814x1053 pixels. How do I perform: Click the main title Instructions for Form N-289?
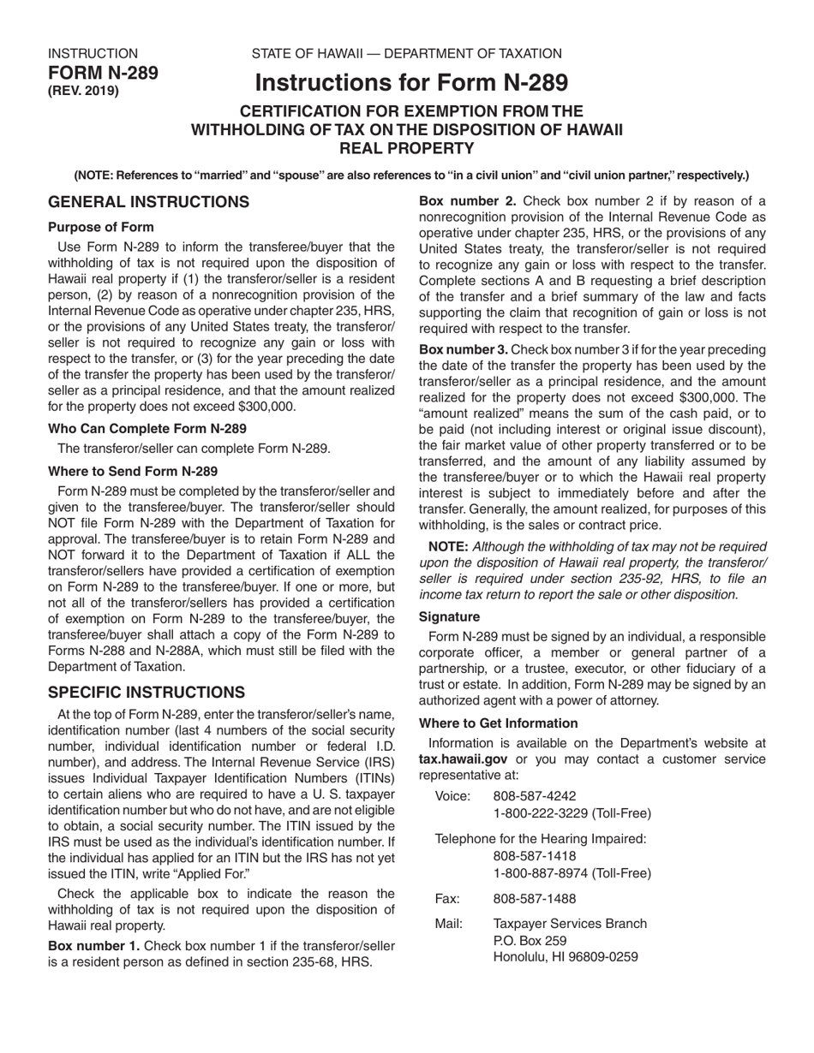point(410,83)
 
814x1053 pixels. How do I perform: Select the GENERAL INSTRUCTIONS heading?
point(148,202)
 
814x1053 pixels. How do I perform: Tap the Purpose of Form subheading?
point(101,227)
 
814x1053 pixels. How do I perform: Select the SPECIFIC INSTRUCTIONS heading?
point(146,692)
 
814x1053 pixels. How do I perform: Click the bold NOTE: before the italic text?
point(447,546)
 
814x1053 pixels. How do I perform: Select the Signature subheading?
point(449,616)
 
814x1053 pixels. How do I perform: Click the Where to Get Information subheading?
point(498,723)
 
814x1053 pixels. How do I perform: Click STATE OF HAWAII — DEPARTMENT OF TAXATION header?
point(406,54)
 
